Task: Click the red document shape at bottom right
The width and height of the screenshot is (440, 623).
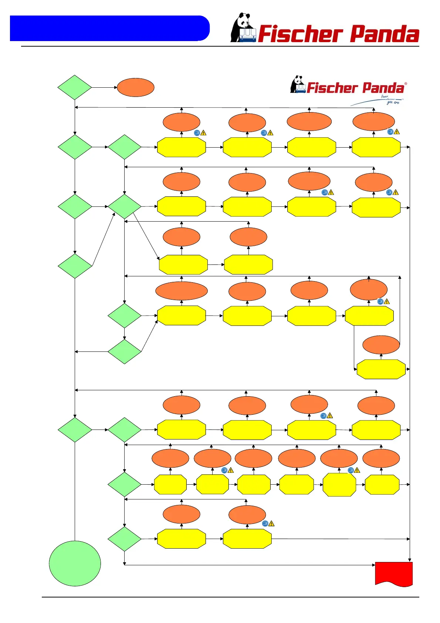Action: coord(393,573)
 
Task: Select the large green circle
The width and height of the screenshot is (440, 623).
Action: coord(75,563)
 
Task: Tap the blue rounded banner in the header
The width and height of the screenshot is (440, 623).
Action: coord(109,28)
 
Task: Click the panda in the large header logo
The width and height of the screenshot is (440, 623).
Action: coord(242,28)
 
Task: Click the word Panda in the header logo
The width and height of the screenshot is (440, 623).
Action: coord(385,34)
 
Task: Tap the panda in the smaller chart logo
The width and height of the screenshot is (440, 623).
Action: coord(298,85)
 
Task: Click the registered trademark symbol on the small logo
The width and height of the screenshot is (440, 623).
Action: coord(406,84)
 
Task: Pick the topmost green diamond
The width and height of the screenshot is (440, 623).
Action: coord(75,88)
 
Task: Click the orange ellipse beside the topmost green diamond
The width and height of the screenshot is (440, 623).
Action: coord(135,88)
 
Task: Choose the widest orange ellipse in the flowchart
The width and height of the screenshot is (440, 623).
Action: coord(181,291)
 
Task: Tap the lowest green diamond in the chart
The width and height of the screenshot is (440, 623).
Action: coord(124,539)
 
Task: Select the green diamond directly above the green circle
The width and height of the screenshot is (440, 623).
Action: coord(75,430)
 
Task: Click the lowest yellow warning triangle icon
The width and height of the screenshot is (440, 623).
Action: coord(271,524)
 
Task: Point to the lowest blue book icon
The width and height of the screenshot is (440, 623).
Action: coord(265,523)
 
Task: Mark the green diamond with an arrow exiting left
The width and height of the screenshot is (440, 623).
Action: coord(124,351)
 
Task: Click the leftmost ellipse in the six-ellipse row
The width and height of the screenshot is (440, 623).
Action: coord(170,458)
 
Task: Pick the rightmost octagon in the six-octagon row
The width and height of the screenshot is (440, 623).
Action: coord(382,484)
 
